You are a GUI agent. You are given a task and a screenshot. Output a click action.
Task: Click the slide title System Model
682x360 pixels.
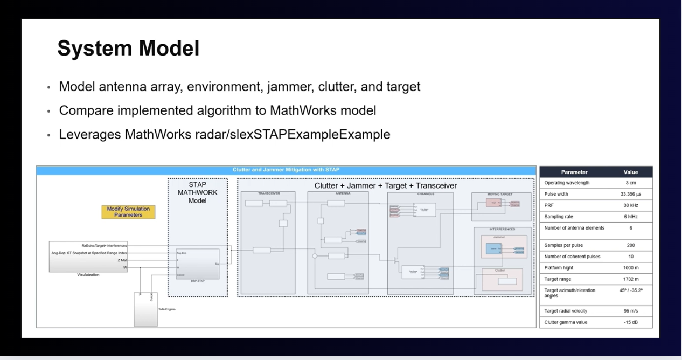point(128,49)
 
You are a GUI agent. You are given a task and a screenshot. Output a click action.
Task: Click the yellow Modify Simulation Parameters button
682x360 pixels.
point(128,212)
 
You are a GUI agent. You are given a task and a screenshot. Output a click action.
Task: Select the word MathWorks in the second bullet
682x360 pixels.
point(304,110)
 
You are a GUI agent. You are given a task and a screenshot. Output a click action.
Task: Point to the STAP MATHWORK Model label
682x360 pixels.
point(197,192)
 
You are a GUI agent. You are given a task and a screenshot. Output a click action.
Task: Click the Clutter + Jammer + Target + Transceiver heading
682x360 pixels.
point(385,185)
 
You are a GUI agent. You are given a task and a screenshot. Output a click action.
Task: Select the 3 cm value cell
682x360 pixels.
point(630,183)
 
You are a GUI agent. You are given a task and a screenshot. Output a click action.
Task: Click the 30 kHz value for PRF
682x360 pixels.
point(630,205)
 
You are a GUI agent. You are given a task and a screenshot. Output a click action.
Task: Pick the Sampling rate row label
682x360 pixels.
point(559,217)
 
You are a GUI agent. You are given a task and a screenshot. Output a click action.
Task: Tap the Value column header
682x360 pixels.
point(630,172)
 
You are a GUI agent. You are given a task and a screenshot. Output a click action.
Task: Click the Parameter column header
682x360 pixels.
point(574,172)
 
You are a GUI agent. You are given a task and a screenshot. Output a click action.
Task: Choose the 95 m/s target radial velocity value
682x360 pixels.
point(630,311)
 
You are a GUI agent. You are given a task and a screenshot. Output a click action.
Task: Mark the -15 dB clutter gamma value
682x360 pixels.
point(630,322)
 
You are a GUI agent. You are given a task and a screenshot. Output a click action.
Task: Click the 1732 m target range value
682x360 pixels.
point(630,279)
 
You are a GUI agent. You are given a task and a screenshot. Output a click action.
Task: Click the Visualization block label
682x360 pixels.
point(88,275)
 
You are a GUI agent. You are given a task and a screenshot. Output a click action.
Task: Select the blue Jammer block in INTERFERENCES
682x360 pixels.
point(493,248)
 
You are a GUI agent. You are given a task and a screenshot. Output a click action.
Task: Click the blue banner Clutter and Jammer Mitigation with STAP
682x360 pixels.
point(286,170)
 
